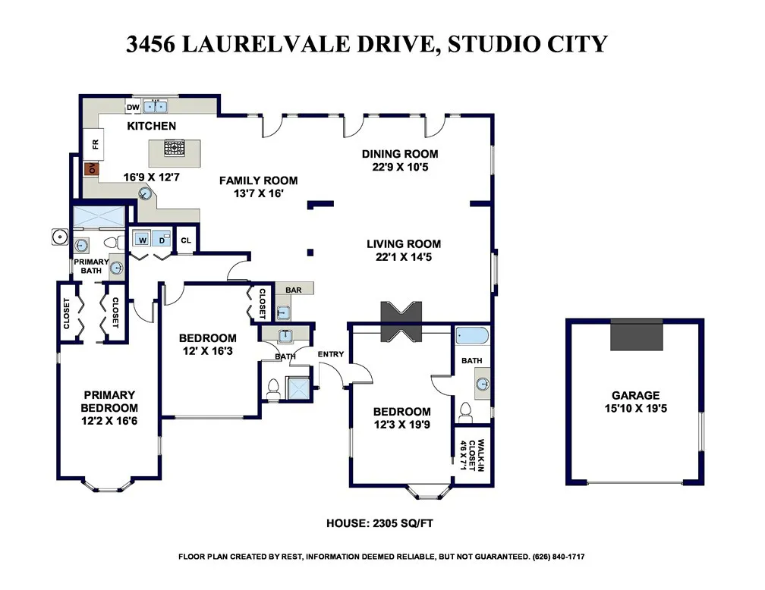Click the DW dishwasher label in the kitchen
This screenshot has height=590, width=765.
pos(133,107)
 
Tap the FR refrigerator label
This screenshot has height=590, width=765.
pos(96,143)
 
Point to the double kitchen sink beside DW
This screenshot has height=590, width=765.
pos(156,106)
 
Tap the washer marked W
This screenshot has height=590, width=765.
pos(142,240)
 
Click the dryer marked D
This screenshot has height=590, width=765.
pos(162,240)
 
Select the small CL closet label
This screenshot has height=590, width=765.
pos(187,240)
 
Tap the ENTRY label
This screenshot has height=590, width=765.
pos(331,354)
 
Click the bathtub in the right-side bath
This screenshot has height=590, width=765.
pos(474,336)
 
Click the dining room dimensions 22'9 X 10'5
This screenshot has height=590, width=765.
pos(400,168)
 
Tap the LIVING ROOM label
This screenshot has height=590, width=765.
pos(404,244)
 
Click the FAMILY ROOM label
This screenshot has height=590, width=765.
pos(258,180)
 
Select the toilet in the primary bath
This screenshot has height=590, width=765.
pos(112,243)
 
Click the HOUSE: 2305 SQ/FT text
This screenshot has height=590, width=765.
pos(379,523)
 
